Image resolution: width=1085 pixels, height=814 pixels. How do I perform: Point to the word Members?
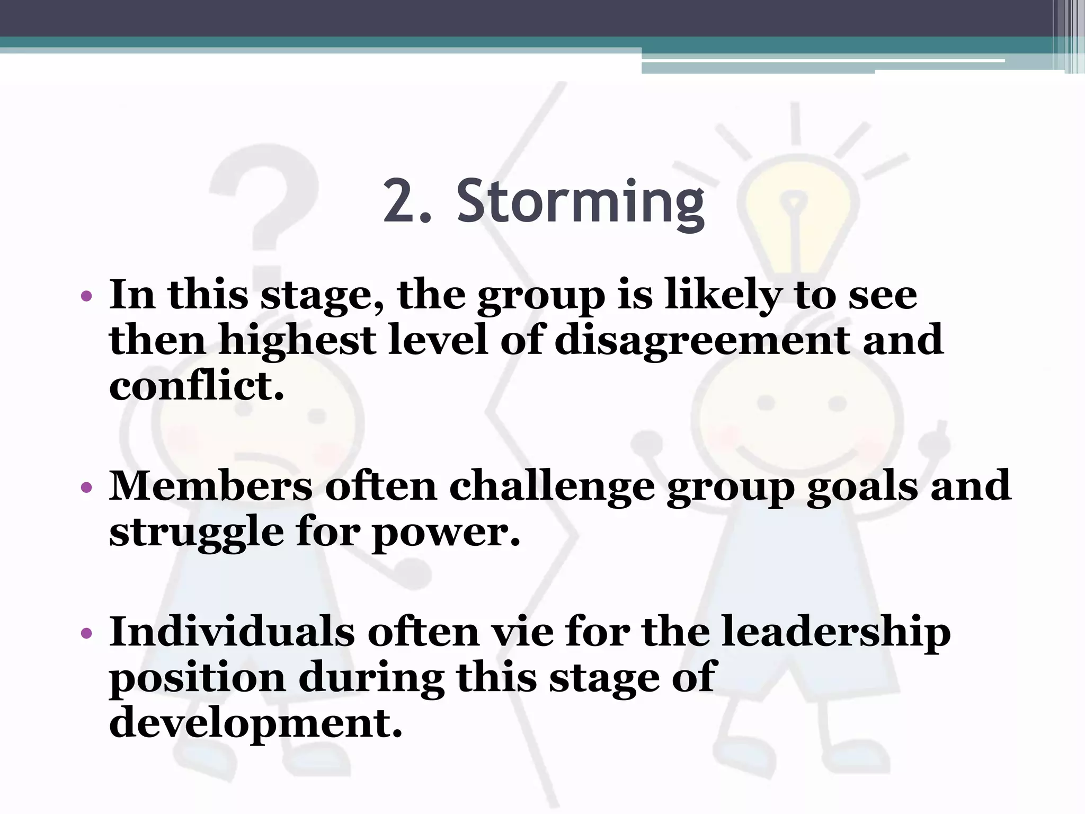point(210,486)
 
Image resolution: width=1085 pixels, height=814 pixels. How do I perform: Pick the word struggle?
point(196,533)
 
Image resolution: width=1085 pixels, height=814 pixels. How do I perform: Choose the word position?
point(197,679)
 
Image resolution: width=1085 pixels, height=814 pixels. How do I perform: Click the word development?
point(255,724)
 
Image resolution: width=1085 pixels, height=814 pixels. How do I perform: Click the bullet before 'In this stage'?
point(87,296)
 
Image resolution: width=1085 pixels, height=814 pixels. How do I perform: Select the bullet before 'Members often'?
point(87,486)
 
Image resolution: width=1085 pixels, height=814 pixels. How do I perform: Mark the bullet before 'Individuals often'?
point(87,632)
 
